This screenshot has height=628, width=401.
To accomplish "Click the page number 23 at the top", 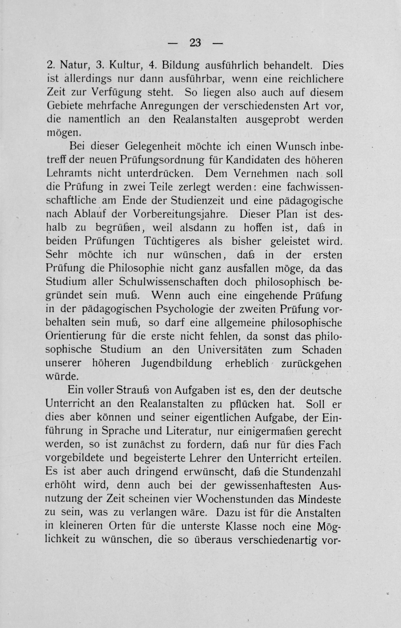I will (x=195, y=43).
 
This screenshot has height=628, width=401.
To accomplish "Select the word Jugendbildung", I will (x=177, y=364).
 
